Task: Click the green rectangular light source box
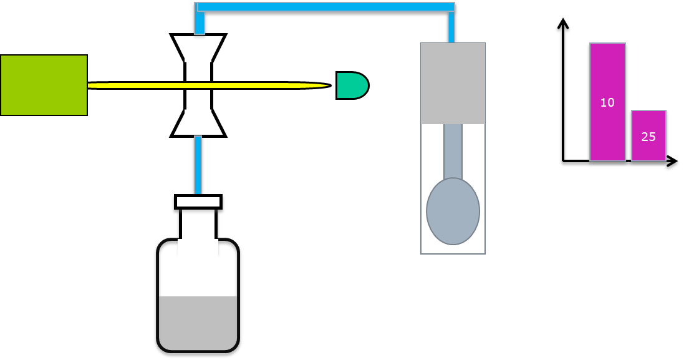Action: click(x=44, y=85)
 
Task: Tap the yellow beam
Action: click(x=210, y=85)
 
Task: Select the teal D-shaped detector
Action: click(x=352, y=85)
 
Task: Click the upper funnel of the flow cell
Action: click(x=198, y=48)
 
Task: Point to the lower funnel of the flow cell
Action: click(x=198, y=123)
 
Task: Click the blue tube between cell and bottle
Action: click(x=198, y=165)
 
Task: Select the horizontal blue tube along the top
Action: click(x=325, y=7)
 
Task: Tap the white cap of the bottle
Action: click(x=198, y=202)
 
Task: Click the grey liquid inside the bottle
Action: click(x=198, y=323)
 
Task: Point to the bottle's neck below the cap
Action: click(x=198, y=224)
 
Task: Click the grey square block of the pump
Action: click(x=453, y=83)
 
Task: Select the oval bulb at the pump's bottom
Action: click(x=453, y=212)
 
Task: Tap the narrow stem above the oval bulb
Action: click(x=453, y=152)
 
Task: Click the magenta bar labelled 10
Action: click(x=607, y=102)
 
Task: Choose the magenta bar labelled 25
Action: click(x=648, y=135)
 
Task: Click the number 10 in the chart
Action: click(x=607, y=103)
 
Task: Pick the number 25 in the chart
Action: click(x=648, y=137)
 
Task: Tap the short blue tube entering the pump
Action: click(x=451, y=27)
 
